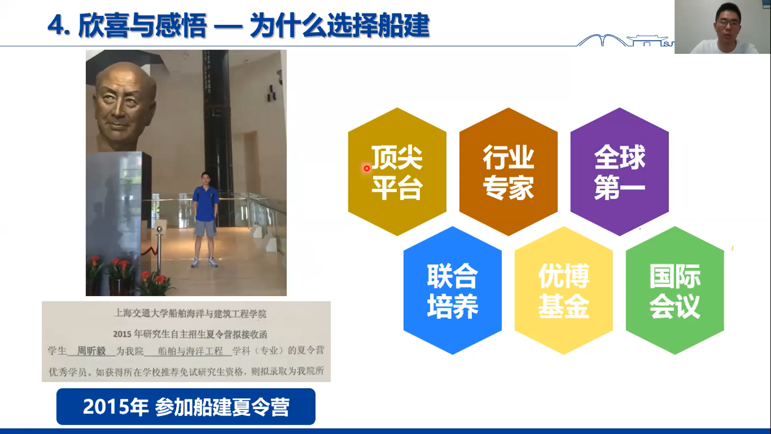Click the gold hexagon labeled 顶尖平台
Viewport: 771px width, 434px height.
397,172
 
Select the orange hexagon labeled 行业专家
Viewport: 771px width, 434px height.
508,172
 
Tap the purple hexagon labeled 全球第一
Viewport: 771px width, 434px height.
619,172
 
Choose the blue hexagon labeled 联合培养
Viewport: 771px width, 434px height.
452,290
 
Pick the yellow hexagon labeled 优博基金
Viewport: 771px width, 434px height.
563,290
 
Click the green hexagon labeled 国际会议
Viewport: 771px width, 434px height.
675,290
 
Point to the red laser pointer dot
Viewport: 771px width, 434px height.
367,168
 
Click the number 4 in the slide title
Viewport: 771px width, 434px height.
55,26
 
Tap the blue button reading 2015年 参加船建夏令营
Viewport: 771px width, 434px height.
186,406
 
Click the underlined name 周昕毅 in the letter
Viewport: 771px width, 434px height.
91,351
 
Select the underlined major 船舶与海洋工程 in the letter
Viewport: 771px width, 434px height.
190,351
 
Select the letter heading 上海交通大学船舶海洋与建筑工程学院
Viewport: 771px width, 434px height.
190,313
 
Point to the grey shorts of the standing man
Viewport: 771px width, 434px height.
205,228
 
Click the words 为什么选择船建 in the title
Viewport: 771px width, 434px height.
339,26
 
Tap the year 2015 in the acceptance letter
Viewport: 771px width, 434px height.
122,334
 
